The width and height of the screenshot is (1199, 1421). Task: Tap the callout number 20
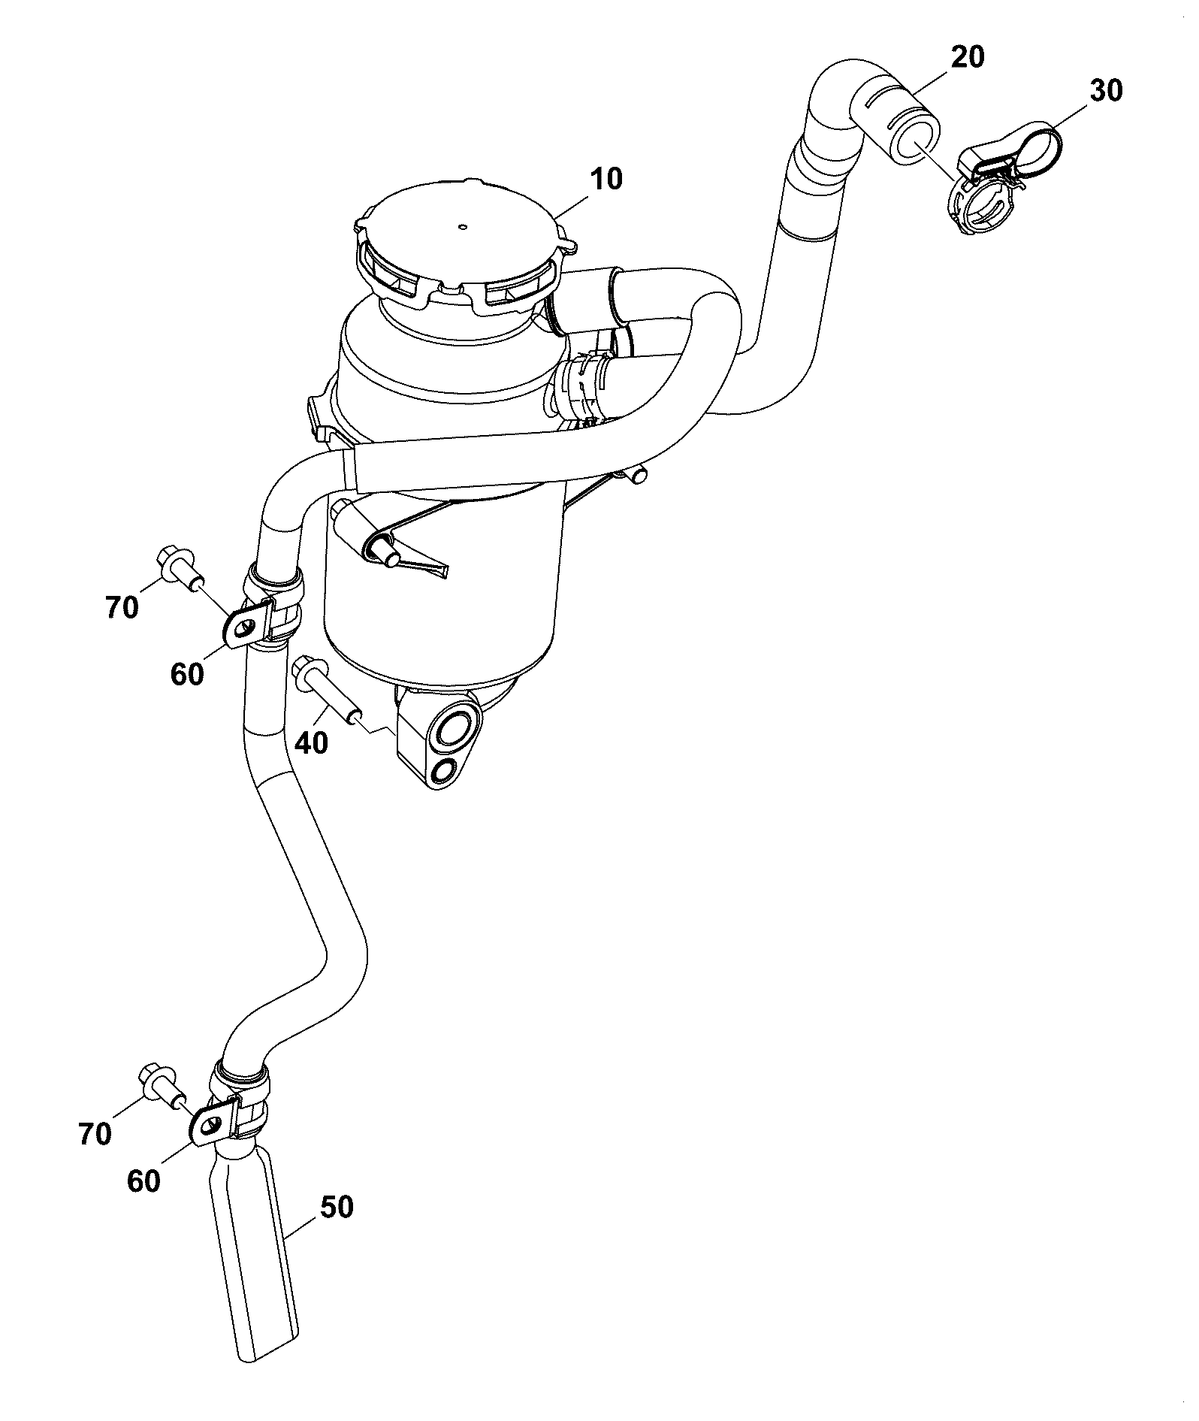coord(967,57)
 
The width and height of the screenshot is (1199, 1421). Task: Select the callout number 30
coord(1105,90)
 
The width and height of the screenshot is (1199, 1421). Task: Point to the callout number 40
coord(312,743)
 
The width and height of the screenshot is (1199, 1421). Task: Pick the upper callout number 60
coord(187,674)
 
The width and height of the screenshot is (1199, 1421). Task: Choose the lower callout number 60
coord(143,1181)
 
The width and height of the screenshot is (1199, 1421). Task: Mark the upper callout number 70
coord(122,606)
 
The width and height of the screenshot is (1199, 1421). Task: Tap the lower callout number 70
coord(95,1133)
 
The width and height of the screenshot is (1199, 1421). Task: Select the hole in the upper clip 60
coord(241,629)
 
